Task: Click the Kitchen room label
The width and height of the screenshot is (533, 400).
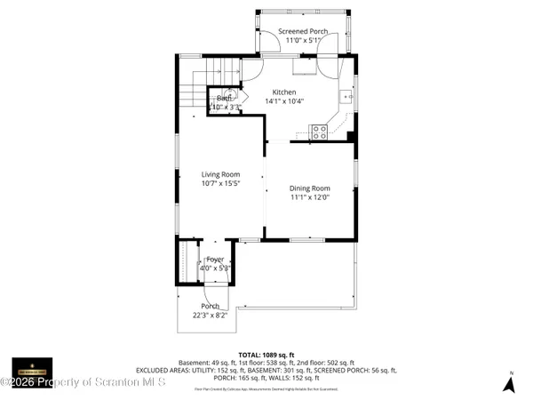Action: click(x=284, y=92)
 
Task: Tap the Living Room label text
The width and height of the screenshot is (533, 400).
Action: click(x=220, y=174)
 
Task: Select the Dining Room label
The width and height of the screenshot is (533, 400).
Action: click(x=310, y=188)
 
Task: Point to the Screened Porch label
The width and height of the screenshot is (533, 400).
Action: click(x=303, y=31)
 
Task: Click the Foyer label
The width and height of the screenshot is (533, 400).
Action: click(x=215, y=259)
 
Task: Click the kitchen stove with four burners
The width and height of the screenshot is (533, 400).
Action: click(x=320, y=132)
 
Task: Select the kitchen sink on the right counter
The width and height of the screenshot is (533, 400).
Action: click(x=346, y=96)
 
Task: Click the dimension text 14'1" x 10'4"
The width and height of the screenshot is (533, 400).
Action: click(x=284, y=101)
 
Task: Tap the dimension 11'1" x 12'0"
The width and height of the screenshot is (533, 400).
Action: click(x=310, y=197)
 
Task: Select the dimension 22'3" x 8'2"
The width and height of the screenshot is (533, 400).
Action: click(x=210, y=315)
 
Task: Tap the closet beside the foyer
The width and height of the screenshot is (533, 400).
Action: click(x=188, y=262)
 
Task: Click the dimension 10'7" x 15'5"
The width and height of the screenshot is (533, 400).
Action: click(x=220, y=184)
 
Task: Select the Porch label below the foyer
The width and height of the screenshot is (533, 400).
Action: click(x=210, y=306)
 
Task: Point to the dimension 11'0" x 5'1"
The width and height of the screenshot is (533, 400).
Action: click(x=303, y=40)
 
